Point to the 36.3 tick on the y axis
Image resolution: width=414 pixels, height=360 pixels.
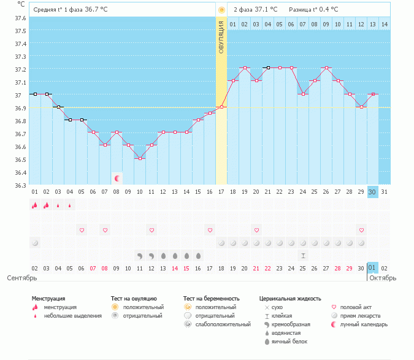[x=20, y=185]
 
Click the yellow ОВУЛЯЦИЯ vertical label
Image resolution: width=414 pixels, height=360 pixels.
[x=221, y=37]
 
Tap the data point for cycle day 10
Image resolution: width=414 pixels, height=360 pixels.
[x=140, y=158]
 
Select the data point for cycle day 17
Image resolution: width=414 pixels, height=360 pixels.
[x=221, y=107]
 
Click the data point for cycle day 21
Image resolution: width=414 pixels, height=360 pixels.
[x=267, y=68]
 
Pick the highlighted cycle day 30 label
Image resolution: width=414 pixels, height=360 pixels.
[x=372, y=192]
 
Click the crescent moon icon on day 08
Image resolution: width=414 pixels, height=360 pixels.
[x=117, y=178]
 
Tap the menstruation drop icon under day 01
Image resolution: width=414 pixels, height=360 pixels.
[x=35, y=205]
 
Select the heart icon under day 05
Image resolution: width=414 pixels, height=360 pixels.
[x=82, y=230]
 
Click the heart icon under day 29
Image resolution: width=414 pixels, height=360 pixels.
[x=361, y=230]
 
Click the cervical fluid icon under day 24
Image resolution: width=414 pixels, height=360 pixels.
[x=303, y=255]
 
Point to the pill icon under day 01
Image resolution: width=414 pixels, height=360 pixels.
[x=35, y=243]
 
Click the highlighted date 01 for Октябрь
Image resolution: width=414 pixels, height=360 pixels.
[x=372, y=268]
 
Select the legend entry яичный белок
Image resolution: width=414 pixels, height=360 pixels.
[x=289, y=341]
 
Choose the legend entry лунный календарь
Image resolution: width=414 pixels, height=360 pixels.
[x=357, y=324]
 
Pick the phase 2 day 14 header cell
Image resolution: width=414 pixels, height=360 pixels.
[x=384, y=24]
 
